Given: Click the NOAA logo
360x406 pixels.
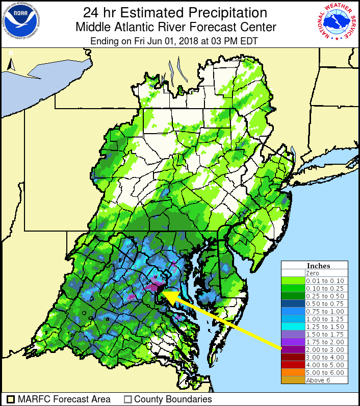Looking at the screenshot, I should click(21, 21).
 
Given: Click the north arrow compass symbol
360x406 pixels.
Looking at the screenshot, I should click(11, 61).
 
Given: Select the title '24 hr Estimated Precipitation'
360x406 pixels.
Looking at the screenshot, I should click(175, 12).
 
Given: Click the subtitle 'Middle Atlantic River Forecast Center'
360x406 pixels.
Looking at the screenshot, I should click(175, 27).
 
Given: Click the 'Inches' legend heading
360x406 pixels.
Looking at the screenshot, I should click(318, 266).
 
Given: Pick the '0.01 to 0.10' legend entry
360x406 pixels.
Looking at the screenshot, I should click(324, 281).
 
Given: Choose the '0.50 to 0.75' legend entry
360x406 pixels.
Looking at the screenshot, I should click(324, 303).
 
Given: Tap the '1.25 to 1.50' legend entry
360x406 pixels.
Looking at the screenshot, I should click(324, 326).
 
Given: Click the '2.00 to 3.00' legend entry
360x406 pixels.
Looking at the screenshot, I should click(324, 349).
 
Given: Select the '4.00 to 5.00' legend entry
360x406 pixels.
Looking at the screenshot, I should click(324, 365).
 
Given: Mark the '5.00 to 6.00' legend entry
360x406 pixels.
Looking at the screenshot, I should click(324, 372).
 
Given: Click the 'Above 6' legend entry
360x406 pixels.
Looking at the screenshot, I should click(318, 380).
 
